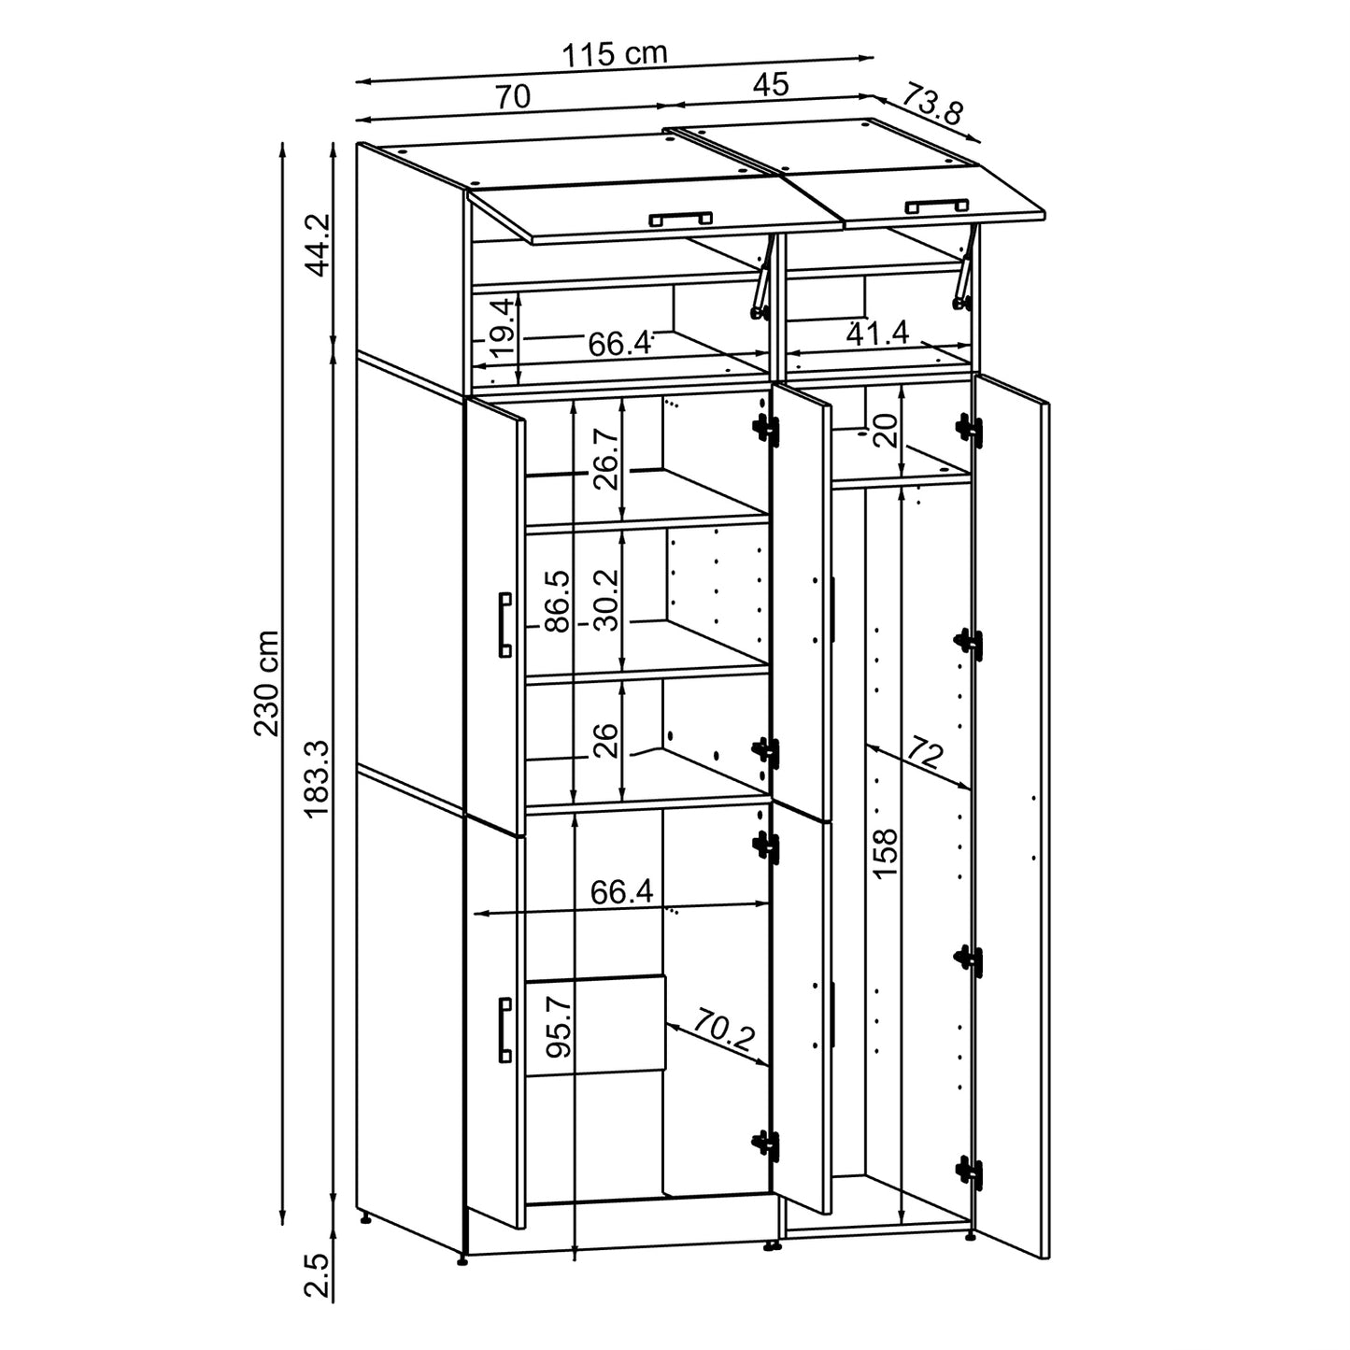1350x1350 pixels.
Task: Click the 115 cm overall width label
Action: coord(614,54)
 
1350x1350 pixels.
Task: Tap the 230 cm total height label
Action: coord(267,682)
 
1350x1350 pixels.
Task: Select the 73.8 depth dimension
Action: coord(931,105)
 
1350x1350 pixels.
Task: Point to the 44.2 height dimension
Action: coord(319,244)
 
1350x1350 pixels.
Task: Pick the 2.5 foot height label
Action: coord(318,1275)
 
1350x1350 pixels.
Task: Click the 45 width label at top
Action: coord(771,85)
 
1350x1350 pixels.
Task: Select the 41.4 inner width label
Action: coord(877,333)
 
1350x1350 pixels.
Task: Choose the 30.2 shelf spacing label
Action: coord(606,600)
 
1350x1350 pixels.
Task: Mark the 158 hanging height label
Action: coord(884,850)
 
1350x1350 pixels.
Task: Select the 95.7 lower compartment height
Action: coord(558,1026)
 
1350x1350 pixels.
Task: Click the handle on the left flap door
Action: coord(680,219)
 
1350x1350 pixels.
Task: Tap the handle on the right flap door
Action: coord(935,205)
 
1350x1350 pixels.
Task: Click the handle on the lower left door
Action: coord(504,1030)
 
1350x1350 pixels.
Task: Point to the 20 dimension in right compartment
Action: coord(887,428)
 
